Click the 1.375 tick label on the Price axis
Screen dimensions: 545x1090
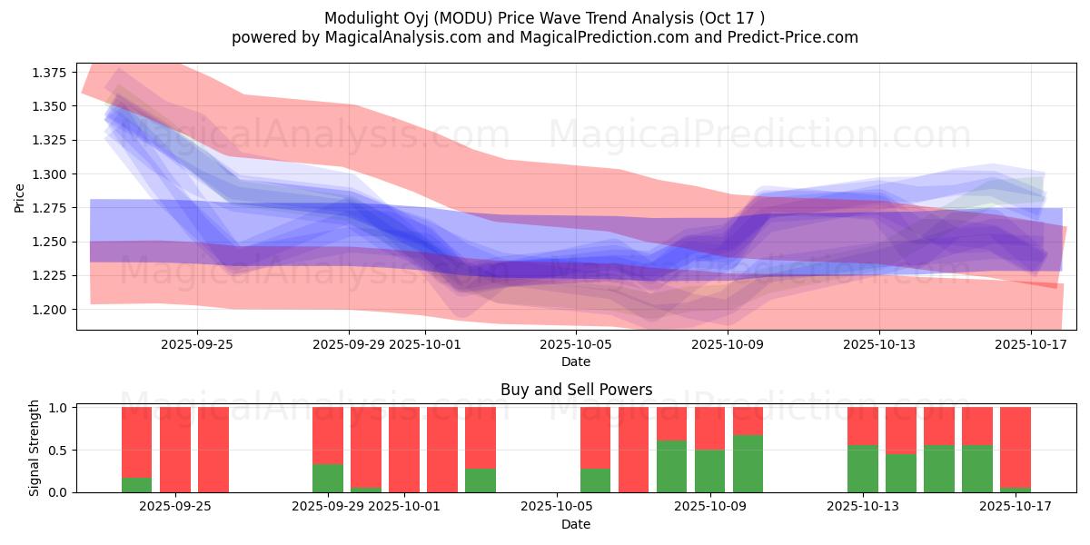51,73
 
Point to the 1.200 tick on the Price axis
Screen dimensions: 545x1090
51,310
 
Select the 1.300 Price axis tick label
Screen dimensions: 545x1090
51,174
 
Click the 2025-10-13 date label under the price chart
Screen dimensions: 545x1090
878,344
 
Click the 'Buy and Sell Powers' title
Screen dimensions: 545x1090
576,390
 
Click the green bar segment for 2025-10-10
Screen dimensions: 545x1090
748,463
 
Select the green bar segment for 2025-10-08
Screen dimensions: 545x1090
671,466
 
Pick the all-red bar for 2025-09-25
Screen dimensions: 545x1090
175,450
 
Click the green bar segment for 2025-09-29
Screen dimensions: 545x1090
328,478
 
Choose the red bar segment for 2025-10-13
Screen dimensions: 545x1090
862,426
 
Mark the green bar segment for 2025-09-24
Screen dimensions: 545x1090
137,484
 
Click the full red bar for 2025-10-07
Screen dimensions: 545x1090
633,450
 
